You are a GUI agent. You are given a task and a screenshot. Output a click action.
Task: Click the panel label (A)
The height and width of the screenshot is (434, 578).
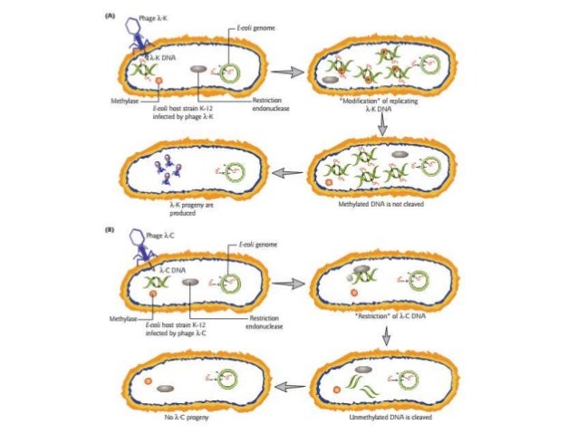(111, 16)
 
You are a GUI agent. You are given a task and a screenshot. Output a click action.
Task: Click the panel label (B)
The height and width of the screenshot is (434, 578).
(111, 230)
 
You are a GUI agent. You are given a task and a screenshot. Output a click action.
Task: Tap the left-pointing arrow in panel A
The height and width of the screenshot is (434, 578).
(288, 172)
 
